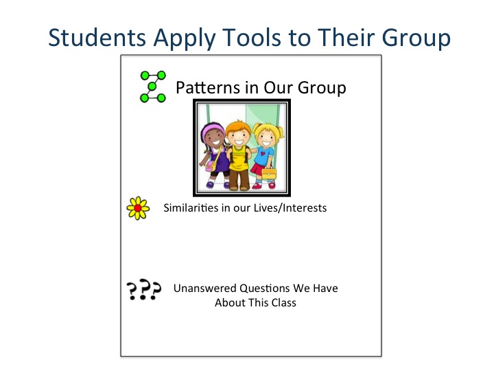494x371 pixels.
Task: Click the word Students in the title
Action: (x=97, y=38)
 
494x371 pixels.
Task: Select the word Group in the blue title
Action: (x=416, y=38)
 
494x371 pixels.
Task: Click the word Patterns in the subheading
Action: (x=208, y=87)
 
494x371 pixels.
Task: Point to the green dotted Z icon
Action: (x=153, y=87)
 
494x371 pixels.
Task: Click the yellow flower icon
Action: (x=138, y=208)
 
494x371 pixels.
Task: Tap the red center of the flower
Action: (x=138, y=208)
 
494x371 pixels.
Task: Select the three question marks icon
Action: (x=143, y=289)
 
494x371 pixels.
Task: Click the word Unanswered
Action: (x=204, y=289)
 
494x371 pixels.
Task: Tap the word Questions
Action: (x=264, y=289)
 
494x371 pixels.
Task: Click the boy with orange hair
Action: (x=239, y=155)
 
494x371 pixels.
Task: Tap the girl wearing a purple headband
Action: (x=214, y=155)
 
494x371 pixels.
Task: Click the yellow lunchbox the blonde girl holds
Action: (x=269, y=173)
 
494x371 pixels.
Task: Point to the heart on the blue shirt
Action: (x=263, y=153)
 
